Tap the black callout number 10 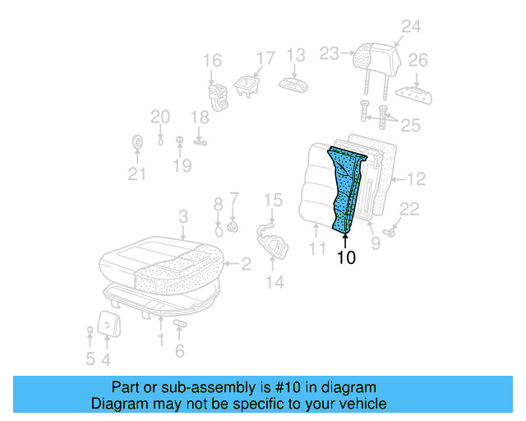click(x=346, y=257)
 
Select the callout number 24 click(x=410, y=27)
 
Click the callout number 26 click(x=418, y=60)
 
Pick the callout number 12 click(x=417, y=177)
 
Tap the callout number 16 click(x=212, y=60)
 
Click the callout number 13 click(x=295, y=55)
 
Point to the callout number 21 click(x=136, y=173)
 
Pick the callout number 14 click(x=274, y=282)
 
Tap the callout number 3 click(x=184, y=216)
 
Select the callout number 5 click(x=90, y=359)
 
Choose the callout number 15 click(x=273, y=200)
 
